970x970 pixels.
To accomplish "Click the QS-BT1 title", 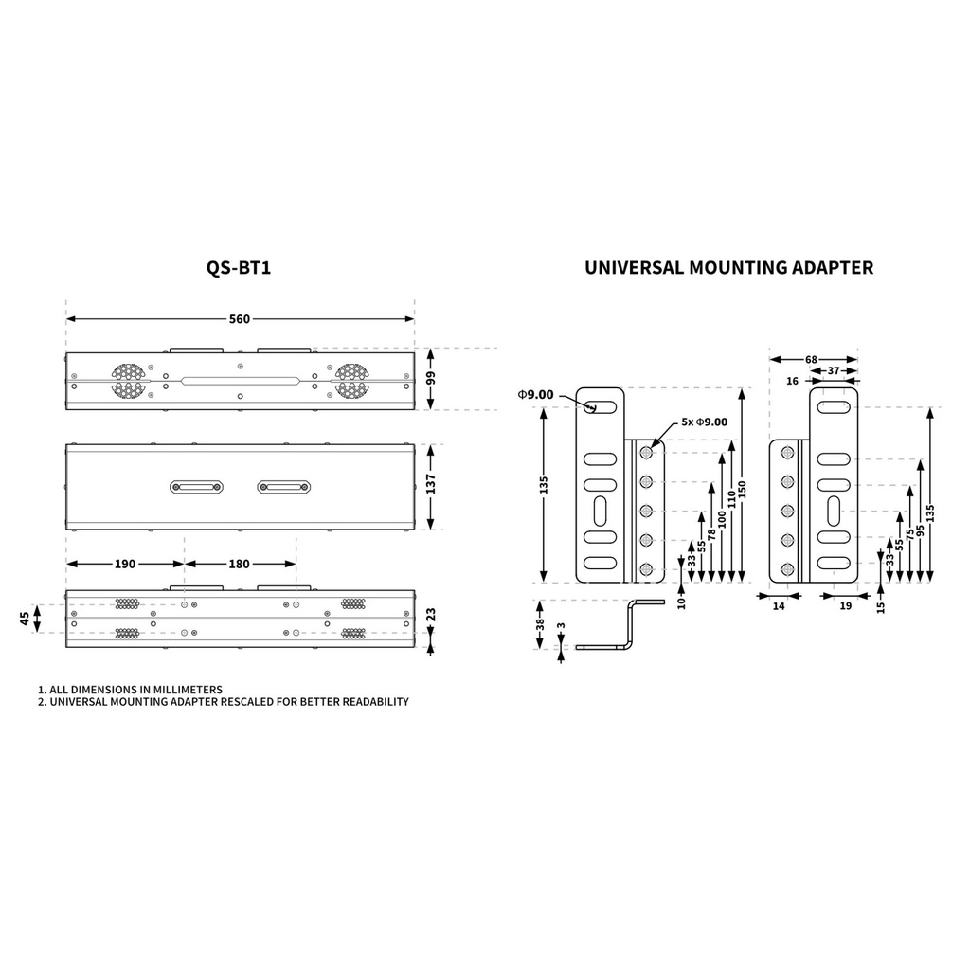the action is pyautogui.click(x=238, y=268).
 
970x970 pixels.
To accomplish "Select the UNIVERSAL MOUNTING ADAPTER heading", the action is pyautogui.click(x=728, y=268).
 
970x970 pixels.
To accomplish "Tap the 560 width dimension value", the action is pyautogui.click(x=240, y=319).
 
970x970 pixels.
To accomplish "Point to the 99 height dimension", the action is pyautogui.click(x=431, y=377).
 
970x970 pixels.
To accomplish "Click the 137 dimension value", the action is pyautogui.click(x=431, y=484).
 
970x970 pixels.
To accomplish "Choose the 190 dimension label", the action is pyautogui.click(x=125, y=564).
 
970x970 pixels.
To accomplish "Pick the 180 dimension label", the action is pyautogui.click(x=240, y=564).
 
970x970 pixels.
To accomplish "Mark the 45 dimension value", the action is pyautogui.click(x=25, y=618).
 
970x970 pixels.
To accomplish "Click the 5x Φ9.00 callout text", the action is pyautogui.click(x=704, y=422).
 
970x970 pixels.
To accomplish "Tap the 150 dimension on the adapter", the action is pyautogui.click(x=743, y=490).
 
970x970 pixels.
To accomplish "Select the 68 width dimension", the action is pyautogui.click(x=811, y=359).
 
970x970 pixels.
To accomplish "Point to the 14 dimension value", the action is pyautogui.click(x=779, y=606).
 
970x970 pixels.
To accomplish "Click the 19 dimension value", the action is pyautogui.click(x=846, y=606).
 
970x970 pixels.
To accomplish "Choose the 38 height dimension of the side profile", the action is pyautogui.click(x=539, y=624).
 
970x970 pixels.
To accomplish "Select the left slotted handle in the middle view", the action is pyautogui.click(x=196, y=487).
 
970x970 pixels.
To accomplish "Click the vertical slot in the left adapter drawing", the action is pyautogui.click(x=600, y=511).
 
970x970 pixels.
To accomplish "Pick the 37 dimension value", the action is pyautogui.click(x=834, y=370).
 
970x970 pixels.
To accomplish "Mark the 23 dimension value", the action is pyautogui.click(x=431, y=615).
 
